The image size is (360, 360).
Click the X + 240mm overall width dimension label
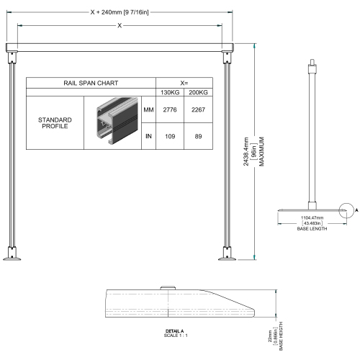120,12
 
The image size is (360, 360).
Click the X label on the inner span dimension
120,25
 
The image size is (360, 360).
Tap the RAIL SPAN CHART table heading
91,83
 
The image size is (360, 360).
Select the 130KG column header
170,92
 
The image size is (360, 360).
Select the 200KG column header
198,92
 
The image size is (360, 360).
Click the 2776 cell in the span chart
170,109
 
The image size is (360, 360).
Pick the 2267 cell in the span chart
198,109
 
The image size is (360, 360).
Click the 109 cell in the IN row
170,136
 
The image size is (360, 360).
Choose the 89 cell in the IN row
198,136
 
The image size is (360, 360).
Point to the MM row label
148,109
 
